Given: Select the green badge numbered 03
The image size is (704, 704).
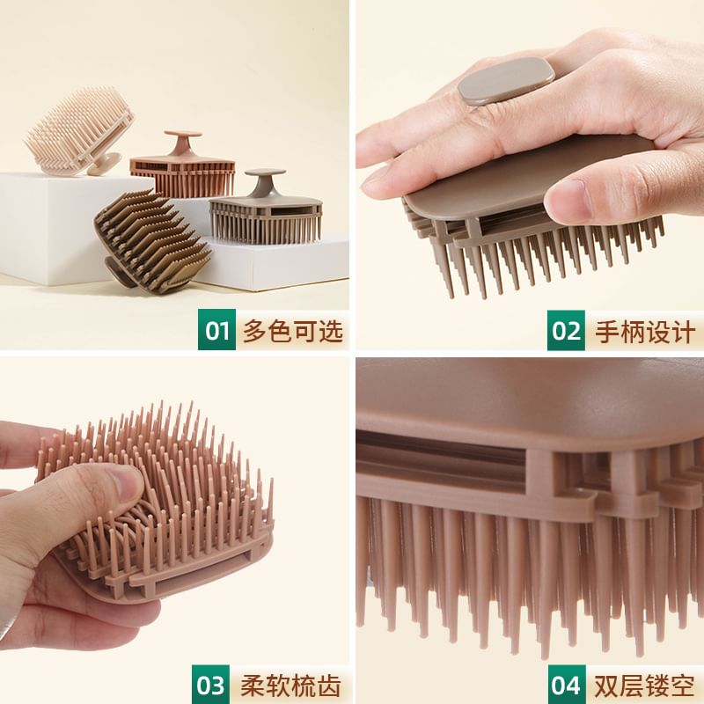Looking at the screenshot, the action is click(210, 685).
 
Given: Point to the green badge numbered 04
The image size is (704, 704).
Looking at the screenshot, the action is click(567, 685).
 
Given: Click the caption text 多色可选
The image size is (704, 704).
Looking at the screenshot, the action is click(293, 332).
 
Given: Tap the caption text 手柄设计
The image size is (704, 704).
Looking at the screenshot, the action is click(645, 332).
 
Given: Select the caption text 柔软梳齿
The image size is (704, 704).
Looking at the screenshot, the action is click(290, 686).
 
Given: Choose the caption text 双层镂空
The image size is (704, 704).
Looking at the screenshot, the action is click(645, 686).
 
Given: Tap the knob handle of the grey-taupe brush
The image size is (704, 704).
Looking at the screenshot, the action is click(265, 181).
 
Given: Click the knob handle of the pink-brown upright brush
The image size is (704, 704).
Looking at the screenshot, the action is click(183, 143).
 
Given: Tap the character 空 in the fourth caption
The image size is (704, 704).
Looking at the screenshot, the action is click(683, 686).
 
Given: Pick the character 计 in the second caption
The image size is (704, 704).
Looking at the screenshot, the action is click(683, 332).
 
